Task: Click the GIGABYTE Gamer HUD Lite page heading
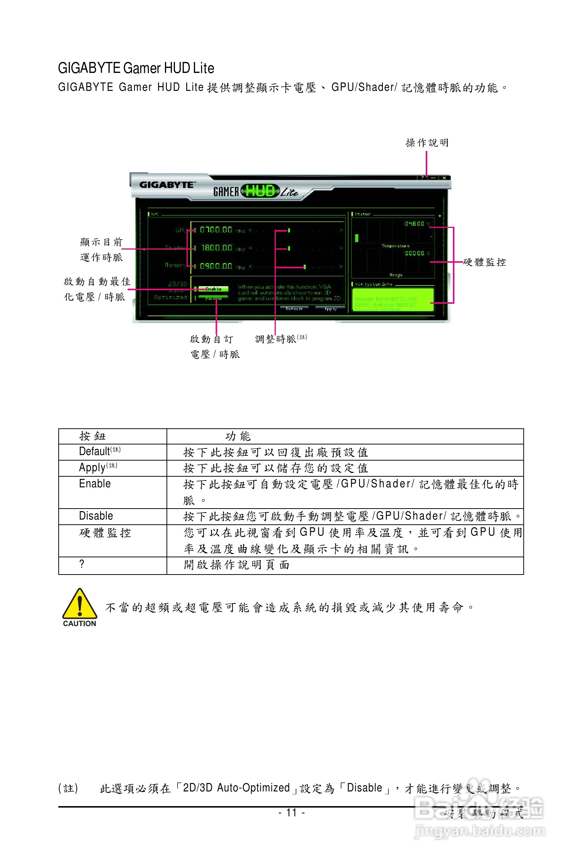pos(136,68)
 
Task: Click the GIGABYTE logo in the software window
pos(166,185)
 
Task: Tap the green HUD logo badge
pos(260,191)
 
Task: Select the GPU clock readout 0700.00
pos(216,230)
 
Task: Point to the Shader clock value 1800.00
pos(217,248)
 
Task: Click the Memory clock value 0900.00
pos(216,266)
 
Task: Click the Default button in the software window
pos(294,309)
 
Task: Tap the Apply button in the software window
pos(330,309)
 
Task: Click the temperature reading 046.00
pos(415,224)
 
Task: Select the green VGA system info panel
pos(393,300)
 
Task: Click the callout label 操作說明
pos(427,143)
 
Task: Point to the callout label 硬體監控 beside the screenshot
pos(484,262)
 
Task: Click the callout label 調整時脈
pos(275,339)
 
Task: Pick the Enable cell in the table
pos(95,484)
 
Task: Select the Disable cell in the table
pos(96,516)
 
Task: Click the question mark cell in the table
pos(82,564)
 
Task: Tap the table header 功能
pos(238,436)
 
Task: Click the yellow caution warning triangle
pos(80,604)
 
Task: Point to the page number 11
pos(292,812)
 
